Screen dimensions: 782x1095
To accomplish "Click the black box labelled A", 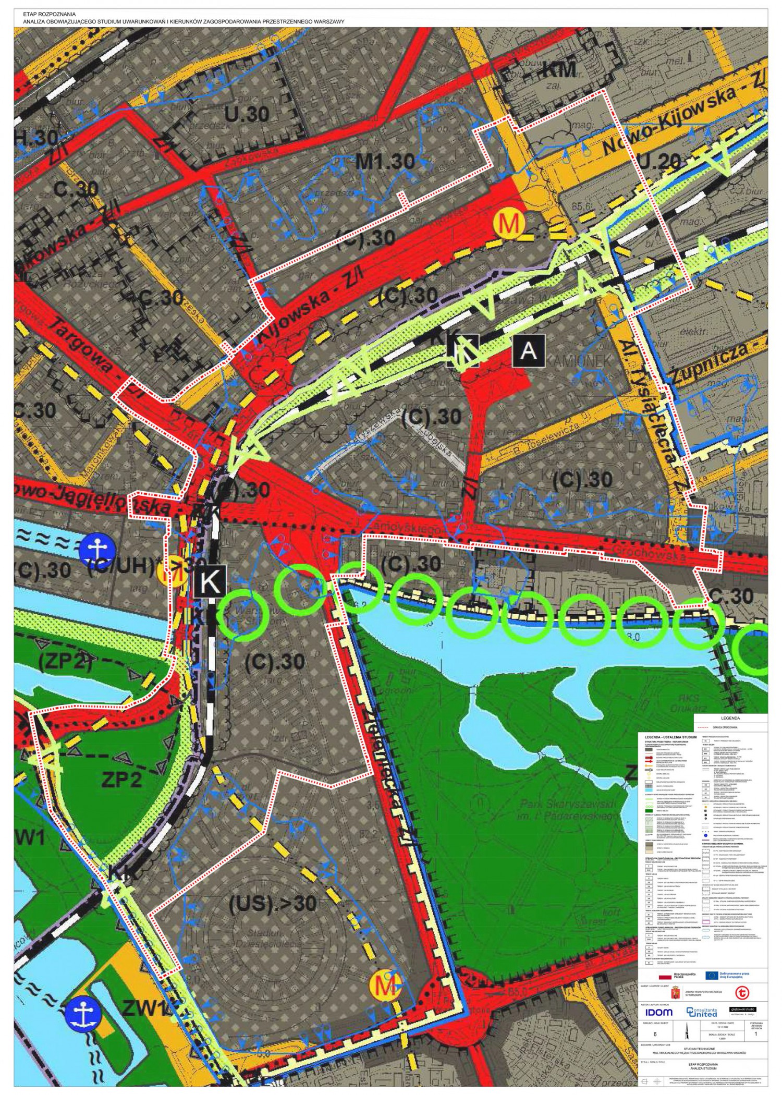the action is click(529, 350).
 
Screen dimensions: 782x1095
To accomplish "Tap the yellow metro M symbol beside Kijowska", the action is click(508, 224).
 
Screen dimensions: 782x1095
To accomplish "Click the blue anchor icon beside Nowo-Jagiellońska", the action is click(97, 550).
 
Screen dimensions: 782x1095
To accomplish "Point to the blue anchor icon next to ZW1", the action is click(81, 1013).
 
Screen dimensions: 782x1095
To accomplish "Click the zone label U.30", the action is click(247, 114).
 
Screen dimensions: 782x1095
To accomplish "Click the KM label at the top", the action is click(558, 69).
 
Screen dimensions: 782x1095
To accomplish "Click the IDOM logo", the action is click(659, 1012).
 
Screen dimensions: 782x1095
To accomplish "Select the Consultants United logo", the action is click(701, 1012).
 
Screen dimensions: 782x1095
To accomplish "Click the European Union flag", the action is click(712, 975).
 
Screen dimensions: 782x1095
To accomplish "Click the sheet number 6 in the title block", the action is click(655, 1034).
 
